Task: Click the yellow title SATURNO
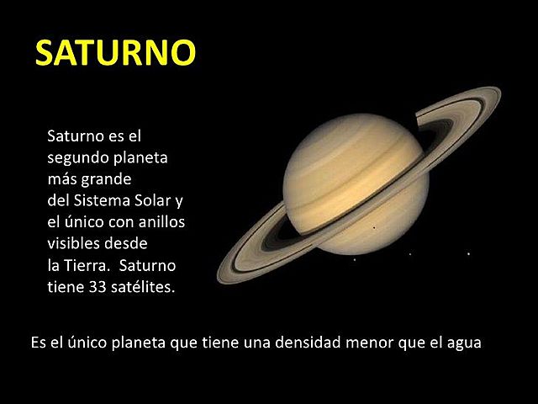point(115,52)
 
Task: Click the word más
point(62,179)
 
